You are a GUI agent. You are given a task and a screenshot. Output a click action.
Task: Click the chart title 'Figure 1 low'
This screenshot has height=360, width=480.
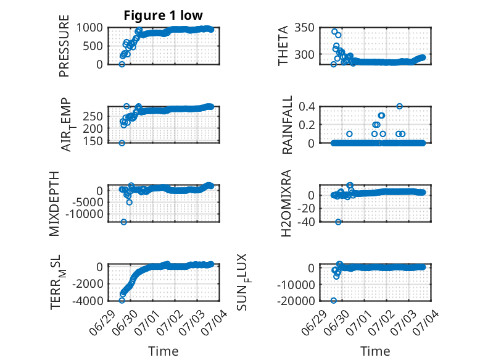(x=163, y=15)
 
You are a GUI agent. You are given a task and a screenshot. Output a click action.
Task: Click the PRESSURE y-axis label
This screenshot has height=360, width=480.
(x=64, y=46)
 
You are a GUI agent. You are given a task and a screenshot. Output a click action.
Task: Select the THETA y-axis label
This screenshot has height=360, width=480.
(x=283, y=46)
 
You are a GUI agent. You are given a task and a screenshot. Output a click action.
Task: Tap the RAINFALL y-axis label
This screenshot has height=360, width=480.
(x=287, y=125)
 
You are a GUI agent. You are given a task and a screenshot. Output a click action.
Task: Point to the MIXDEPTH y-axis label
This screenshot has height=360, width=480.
(x=54, y=204)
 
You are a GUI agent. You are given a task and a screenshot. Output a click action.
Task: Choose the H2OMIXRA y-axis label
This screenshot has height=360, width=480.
(x=286, y=203)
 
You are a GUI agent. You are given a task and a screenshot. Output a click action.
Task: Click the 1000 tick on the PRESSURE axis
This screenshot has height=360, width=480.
(x=89, y=28)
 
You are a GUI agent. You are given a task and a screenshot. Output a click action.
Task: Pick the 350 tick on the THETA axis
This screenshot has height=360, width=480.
(x=304, y=28)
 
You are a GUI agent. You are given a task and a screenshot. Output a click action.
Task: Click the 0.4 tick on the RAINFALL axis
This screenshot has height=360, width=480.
(x=307, y=107)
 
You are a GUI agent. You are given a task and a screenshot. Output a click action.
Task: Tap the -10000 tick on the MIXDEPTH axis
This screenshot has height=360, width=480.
(x=85, y=214)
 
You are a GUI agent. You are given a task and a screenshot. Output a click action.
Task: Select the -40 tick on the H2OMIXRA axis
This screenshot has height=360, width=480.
(x=306, y=222)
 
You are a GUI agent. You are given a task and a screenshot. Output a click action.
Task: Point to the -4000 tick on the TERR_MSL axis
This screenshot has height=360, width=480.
(x=88, y=301)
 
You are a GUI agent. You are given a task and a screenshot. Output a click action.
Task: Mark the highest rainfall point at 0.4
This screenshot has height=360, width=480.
(x=400, y=106)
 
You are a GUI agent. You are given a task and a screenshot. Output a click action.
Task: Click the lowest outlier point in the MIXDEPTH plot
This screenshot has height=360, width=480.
(x=123, y=222)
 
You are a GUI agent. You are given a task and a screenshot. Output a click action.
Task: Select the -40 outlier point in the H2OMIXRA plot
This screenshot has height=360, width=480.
(x=338, y=222)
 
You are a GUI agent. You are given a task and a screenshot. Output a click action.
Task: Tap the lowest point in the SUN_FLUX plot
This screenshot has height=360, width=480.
(x=334, y=301)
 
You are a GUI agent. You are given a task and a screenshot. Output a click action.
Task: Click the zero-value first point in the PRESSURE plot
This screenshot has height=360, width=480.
(x=122, y=64)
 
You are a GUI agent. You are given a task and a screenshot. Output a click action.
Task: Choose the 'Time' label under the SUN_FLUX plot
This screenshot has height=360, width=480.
(x=375, y=351)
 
